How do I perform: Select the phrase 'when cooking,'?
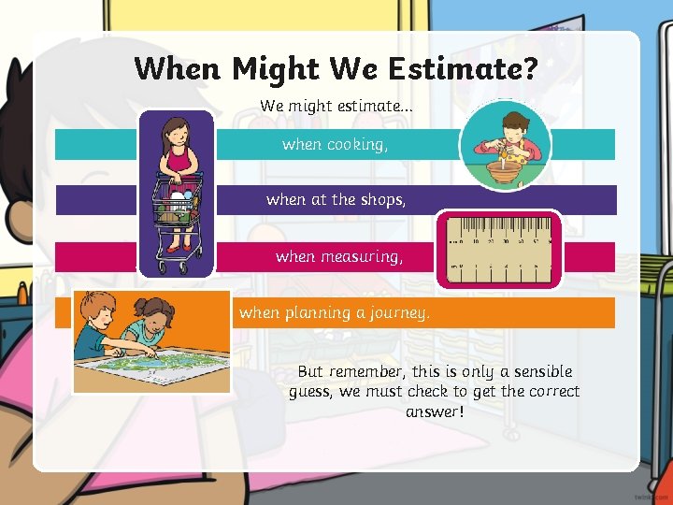coord(334,144)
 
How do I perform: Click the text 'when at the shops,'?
coord(336,199)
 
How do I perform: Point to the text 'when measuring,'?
coord(339,255)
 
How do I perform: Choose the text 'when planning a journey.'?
coord(335,312)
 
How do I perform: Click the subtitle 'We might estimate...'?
coord(336,106)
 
